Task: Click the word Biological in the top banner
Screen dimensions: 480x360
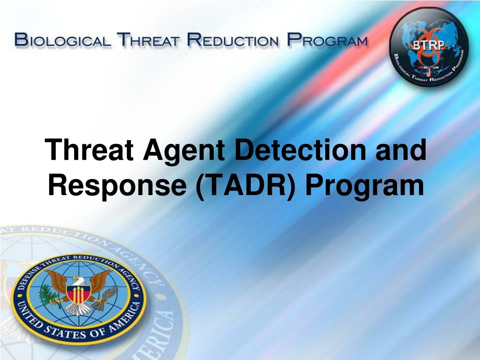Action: [x=62, y=40]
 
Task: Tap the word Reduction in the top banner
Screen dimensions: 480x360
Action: [x=233, y=40]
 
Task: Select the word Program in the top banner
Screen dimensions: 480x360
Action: [x=327, y=40]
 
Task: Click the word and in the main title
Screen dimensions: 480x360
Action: [x=401, y=150]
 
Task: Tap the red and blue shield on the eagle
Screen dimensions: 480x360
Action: [x=79, y=293]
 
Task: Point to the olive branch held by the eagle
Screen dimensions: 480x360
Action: [x=47, y=294]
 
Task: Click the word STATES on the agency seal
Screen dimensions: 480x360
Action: [x=65, y=332]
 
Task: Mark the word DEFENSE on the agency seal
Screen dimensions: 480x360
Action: [x=30, y=277]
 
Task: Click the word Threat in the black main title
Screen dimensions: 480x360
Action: [x=89, y=150]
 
